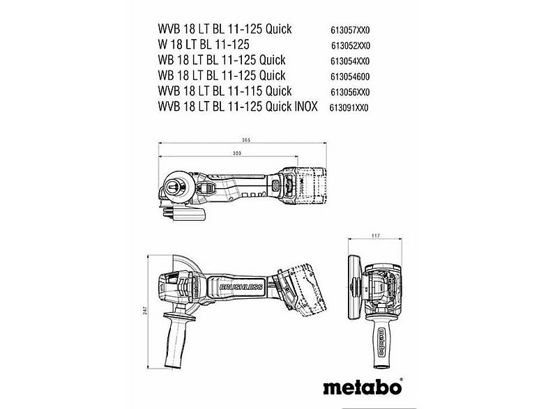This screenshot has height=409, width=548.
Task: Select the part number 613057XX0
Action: [349, 30]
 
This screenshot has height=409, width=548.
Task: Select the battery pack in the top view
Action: [313, 185]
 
